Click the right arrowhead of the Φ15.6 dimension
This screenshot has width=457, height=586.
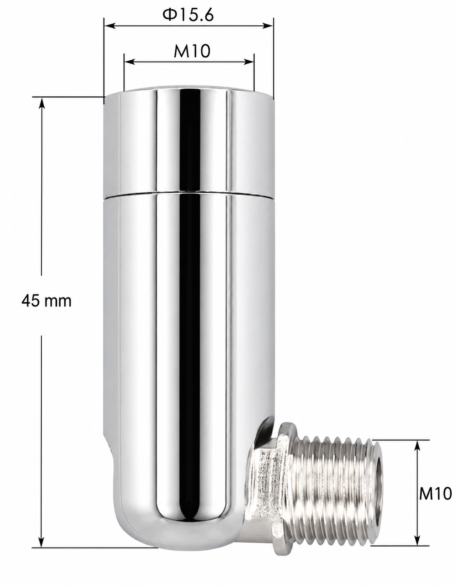point(268,26)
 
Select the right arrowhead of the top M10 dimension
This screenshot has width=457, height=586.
point(248,62)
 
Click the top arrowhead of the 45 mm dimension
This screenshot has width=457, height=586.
point(41,103)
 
